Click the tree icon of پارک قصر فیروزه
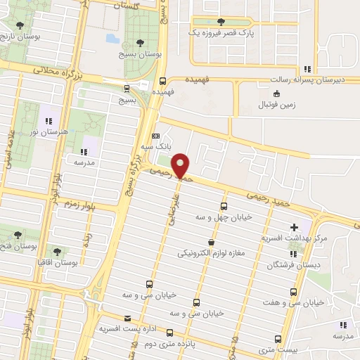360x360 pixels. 221,22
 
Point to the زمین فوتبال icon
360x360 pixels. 276,94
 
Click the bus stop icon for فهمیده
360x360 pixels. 163,80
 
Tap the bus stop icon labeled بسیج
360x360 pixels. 127,89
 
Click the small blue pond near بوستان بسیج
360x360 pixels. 112,39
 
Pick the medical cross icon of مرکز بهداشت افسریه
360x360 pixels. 295,227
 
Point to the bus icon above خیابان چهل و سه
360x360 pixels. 224,206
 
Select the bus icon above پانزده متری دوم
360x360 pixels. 169,331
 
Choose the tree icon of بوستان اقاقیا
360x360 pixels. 57,251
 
